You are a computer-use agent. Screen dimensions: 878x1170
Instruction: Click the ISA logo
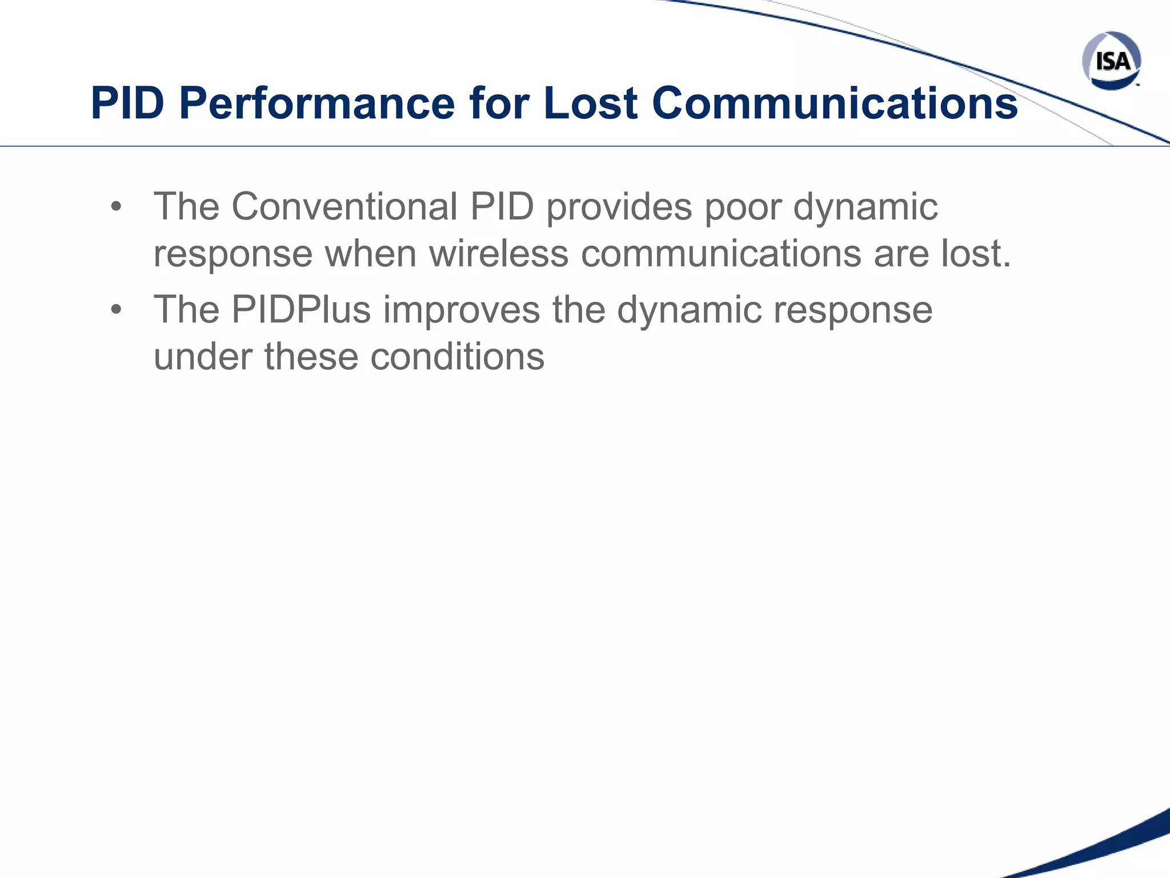1111,61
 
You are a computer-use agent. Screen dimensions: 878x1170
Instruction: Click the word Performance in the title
316,103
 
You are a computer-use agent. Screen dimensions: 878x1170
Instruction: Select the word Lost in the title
590,103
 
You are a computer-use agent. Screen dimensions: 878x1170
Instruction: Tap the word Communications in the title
834,103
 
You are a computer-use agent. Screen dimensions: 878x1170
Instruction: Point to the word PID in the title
127,103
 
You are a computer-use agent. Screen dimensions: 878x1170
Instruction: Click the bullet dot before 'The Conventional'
117,207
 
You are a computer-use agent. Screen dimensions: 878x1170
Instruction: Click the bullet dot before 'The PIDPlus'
117,310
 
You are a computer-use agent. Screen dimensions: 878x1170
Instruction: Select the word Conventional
344,206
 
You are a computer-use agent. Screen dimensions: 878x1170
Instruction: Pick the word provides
619,206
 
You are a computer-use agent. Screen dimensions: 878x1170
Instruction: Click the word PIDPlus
301,310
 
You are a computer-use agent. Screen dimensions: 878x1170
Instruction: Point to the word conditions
457,357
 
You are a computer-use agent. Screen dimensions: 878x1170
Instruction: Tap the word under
202,357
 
